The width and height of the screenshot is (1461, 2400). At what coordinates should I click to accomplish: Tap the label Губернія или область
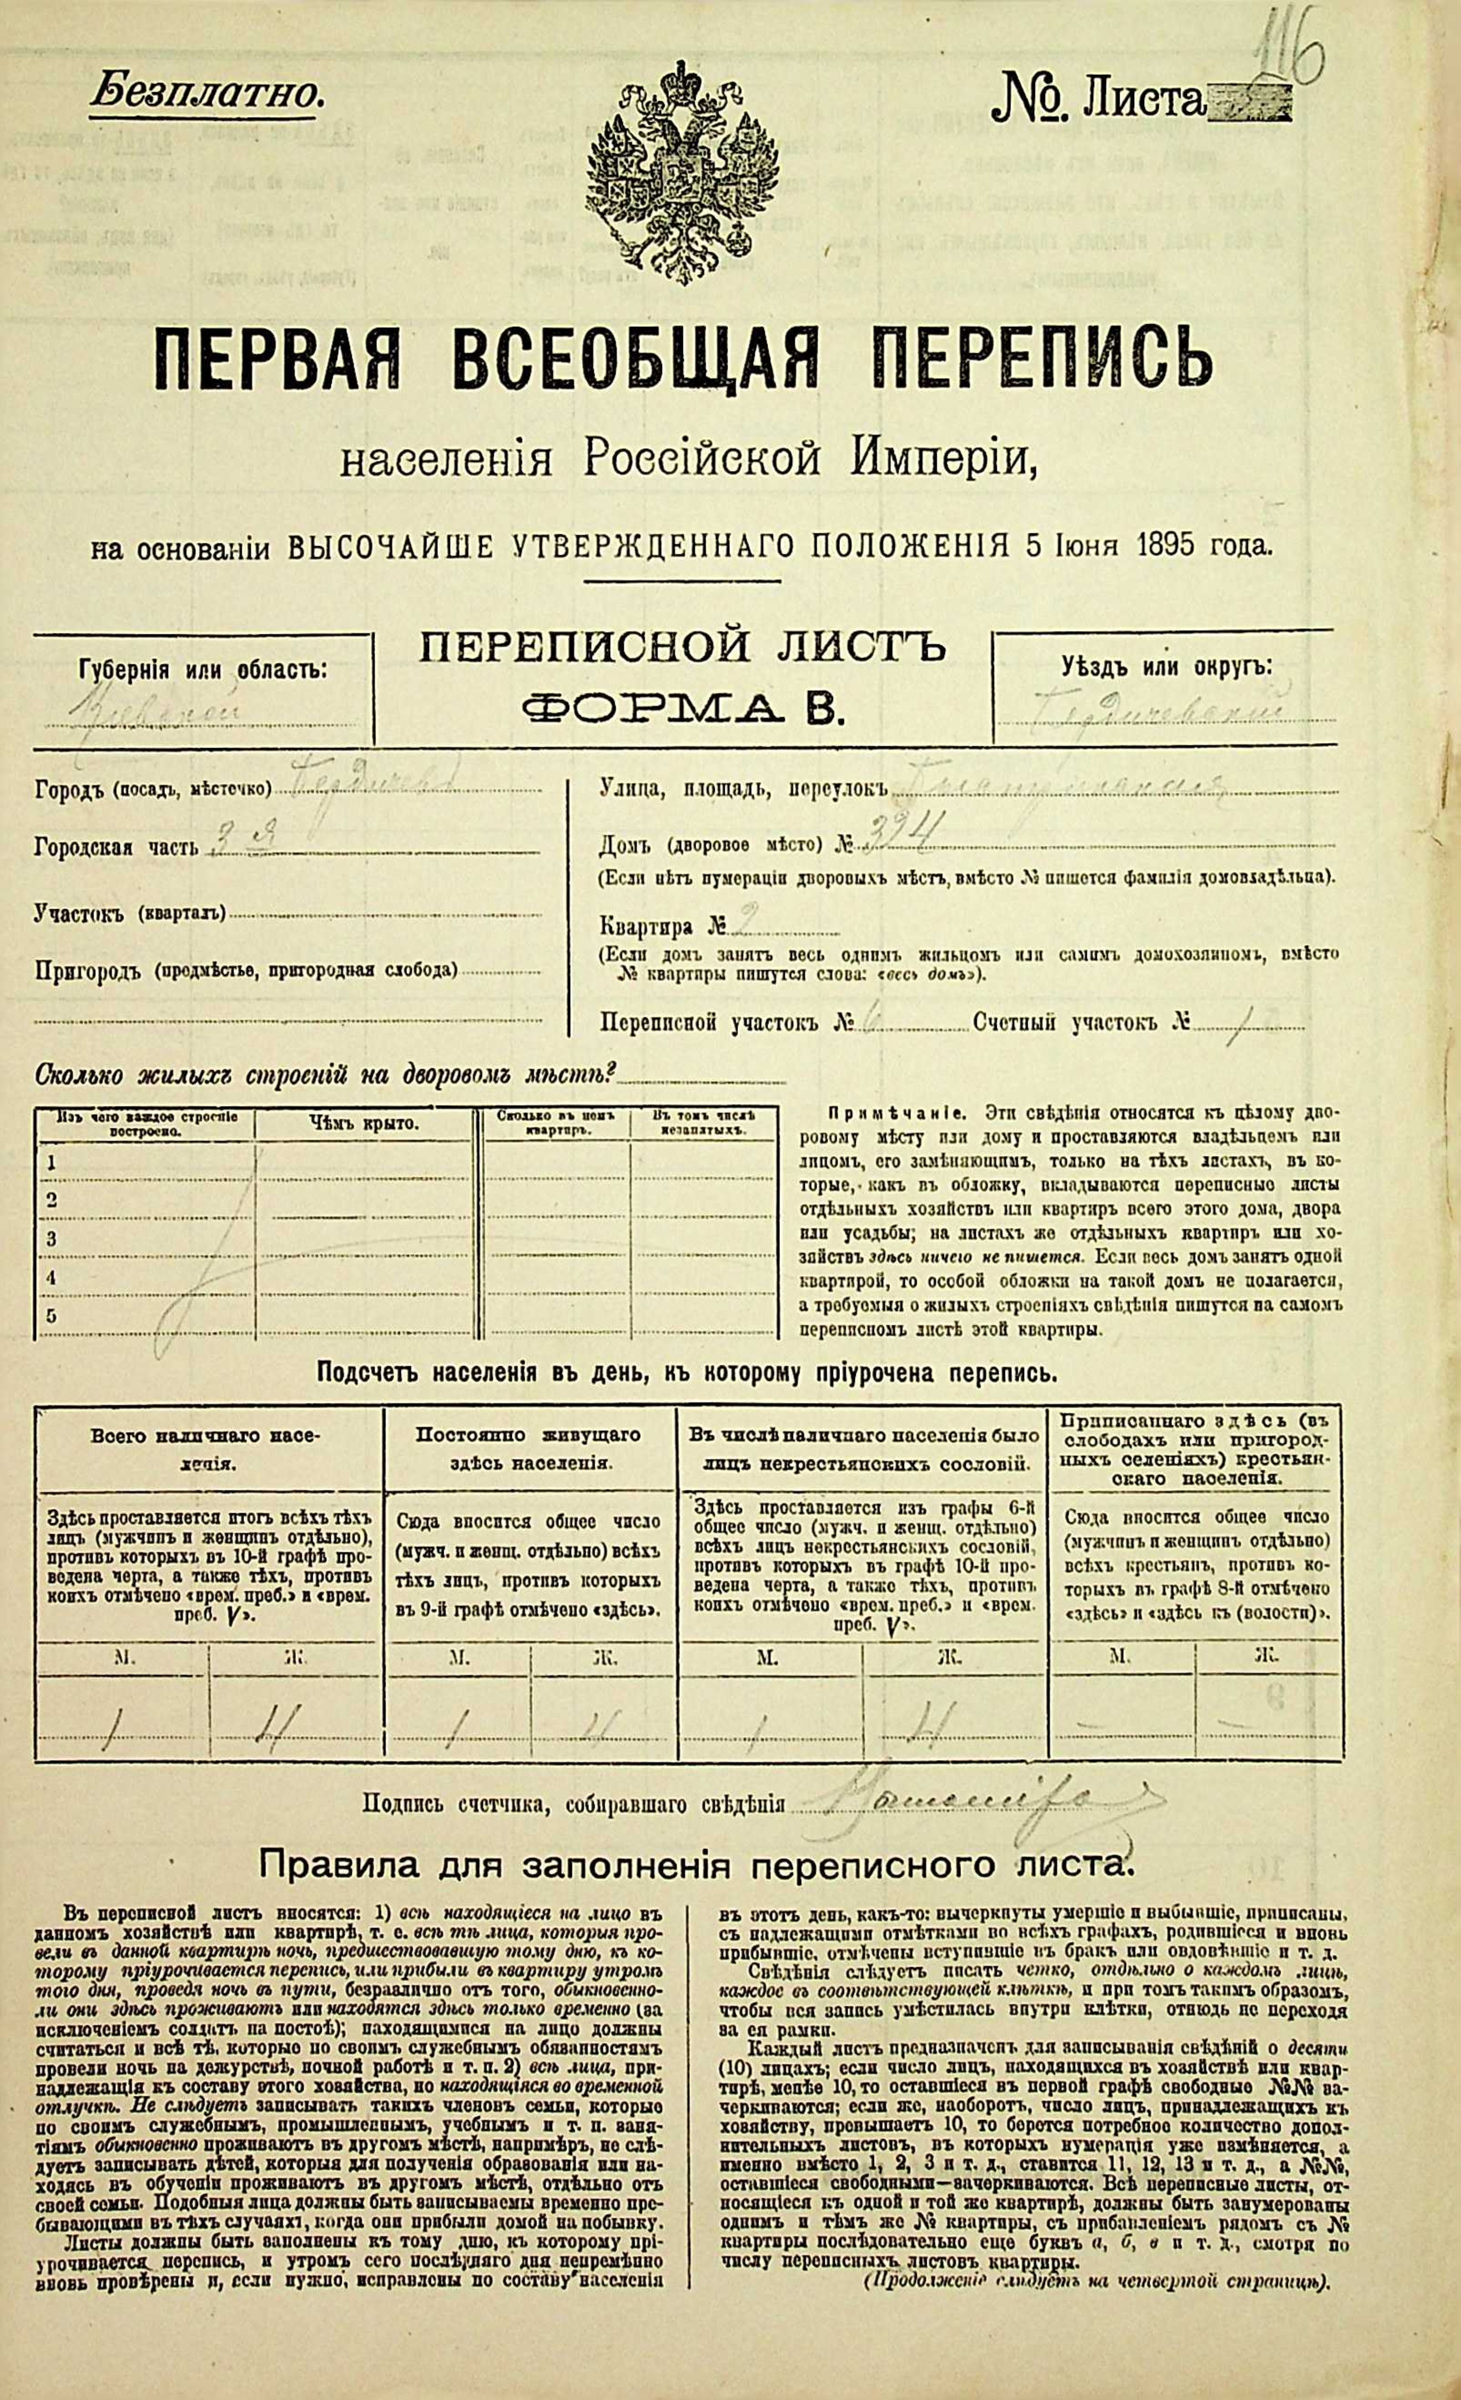tap(202, 670)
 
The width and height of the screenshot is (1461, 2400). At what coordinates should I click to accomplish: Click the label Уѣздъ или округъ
tap(1166, 668)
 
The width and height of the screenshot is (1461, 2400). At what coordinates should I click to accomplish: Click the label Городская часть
tap(117, 847)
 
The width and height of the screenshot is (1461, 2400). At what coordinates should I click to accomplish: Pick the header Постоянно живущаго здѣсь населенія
tap(529, 1448)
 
